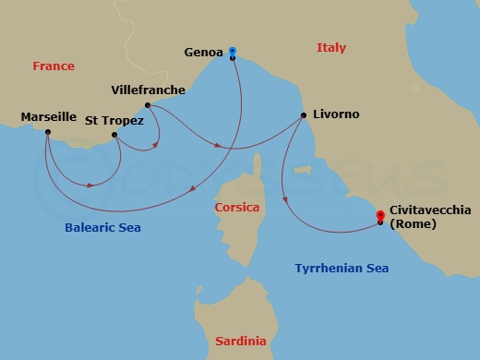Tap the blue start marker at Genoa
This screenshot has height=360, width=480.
tap(233, 51)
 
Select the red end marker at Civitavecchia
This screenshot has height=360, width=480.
tap(380, 216)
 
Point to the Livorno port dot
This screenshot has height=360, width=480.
tap(304, 115)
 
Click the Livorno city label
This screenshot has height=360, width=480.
tap(337, 115)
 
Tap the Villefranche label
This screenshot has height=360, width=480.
tap(148, 90)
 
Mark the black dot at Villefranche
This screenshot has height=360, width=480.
tap(148, 105)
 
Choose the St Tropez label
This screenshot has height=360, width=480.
tap(114, 121)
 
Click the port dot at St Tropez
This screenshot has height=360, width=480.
tap(114, 136)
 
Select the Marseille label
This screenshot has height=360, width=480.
tap(48, 117)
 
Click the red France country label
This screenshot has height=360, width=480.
tap(53, 66)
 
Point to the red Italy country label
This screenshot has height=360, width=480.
tap(330, 47)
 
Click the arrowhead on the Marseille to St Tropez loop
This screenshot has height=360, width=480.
tap(90, 186)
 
